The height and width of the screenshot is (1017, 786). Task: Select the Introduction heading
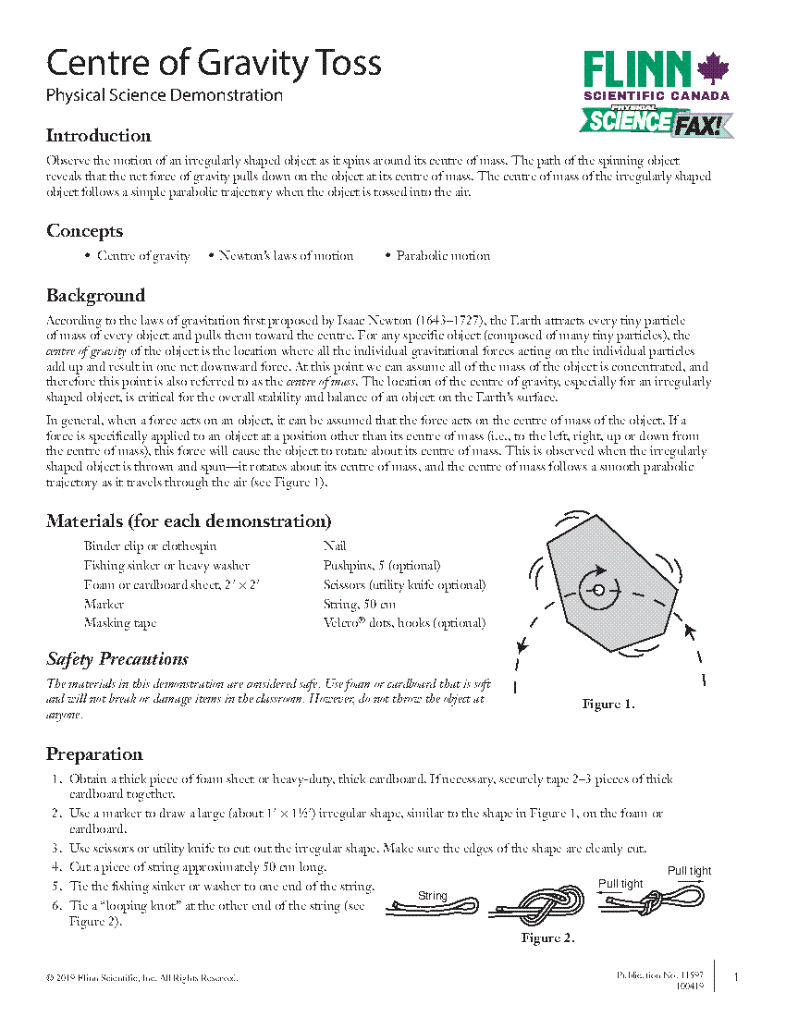(x=99, y=136)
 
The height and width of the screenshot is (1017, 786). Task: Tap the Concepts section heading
(x=84, y=231)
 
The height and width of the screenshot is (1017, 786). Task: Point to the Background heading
(x=95, y=296)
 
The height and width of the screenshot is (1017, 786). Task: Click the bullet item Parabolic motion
(x=443, y=256)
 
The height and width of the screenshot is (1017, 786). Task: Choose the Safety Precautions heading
(x=117, y=659)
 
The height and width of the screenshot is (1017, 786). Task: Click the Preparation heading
(x=94, y=754)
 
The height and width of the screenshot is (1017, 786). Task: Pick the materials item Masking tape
(x=120, y=623)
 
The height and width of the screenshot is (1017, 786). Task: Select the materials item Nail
(x=335, y=546)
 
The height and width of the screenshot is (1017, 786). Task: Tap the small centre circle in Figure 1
(x=598, y=590)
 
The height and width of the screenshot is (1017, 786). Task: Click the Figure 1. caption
(x=608, y=705)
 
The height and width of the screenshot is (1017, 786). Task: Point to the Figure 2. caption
(x=547, y=938)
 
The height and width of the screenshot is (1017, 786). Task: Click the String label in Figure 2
(x=433, y=896)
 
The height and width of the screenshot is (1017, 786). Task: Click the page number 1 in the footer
(x=735, y=977)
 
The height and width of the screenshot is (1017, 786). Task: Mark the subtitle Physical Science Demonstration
(x=165, y=95)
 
